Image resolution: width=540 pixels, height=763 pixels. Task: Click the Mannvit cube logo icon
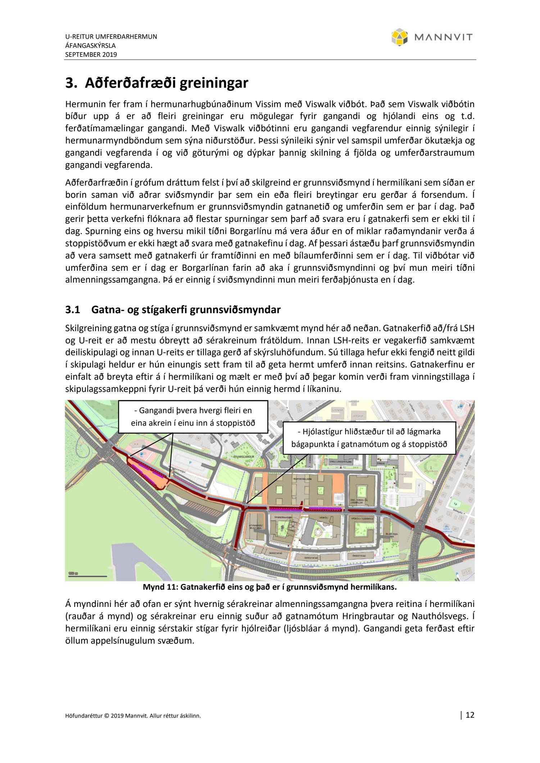(x=399, y=37)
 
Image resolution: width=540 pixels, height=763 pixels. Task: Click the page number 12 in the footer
(x=470, y=715)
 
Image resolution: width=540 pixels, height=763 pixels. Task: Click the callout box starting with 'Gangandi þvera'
(x=193, y=417)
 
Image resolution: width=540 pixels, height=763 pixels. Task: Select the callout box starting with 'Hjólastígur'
(x=369, y=438)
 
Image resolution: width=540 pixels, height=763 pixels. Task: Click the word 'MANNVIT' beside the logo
(x=443, y=37)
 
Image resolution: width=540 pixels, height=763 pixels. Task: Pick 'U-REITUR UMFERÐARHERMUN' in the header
(x=111, y=37)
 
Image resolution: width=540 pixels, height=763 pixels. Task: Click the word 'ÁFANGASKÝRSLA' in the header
(x=90, y=46)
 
